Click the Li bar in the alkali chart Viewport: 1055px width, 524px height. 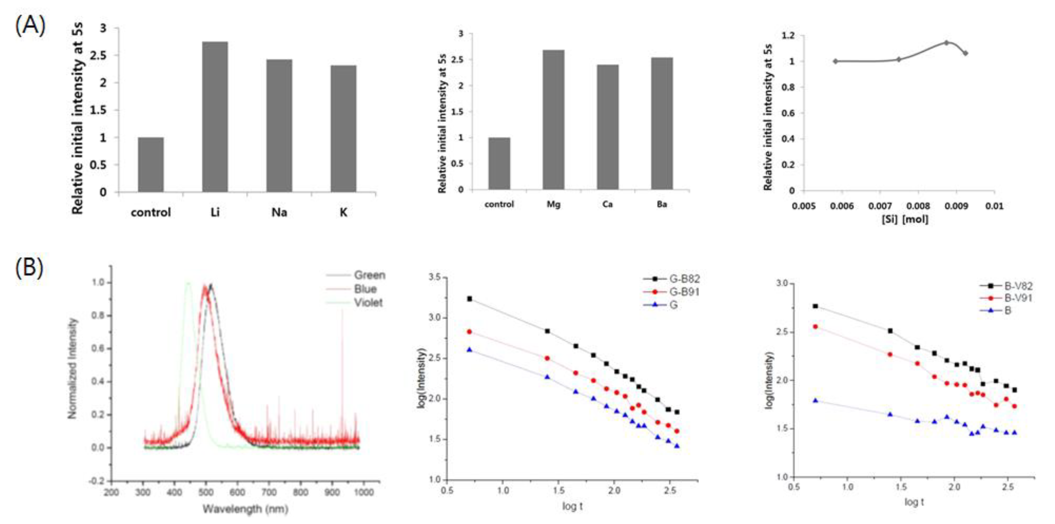click(215, 117)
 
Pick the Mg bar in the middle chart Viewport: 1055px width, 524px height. click(553, 120)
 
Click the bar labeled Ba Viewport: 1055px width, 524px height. click(662, 123)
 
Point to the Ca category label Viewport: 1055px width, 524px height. click(607, 204)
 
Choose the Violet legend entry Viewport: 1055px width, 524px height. click(368, 303)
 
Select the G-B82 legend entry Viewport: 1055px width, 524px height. click(684, 279)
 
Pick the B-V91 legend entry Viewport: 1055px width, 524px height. click(1017, 298)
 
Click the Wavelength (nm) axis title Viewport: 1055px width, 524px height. click(245, 509)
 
